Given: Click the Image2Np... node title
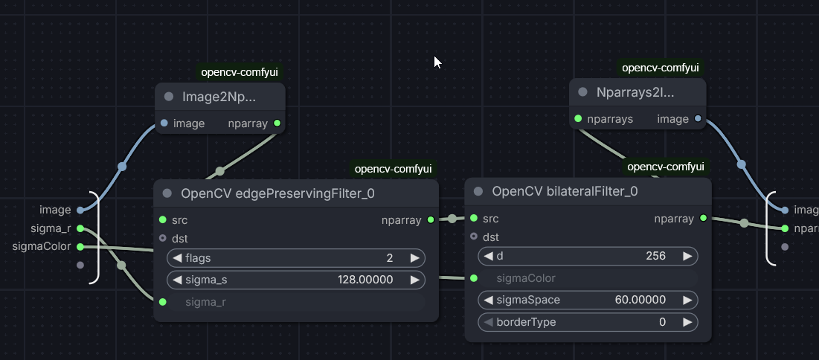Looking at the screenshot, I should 219,96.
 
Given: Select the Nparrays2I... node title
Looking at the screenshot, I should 635,92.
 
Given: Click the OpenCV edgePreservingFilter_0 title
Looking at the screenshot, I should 277,193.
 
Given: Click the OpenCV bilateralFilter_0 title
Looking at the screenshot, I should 565,191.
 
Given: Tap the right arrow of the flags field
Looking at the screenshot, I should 414,258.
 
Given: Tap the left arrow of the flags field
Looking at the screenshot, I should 178,258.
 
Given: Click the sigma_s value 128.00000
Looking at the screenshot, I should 365,280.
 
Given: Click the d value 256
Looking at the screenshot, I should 656,256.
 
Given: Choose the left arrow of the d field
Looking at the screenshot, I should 489,256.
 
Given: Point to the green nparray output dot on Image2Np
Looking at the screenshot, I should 277,123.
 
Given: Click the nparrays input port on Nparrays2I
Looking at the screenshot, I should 577,119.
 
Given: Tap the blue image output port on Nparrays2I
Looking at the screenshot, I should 698,119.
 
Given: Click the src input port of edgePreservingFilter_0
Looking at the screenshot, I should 163,220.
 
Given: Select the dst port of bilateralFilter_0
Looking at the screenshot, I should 474,237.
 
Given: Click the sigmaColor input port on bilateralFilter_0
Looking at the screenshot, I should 474,278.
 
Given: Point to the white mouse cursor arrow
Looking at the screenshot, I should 437,62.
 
